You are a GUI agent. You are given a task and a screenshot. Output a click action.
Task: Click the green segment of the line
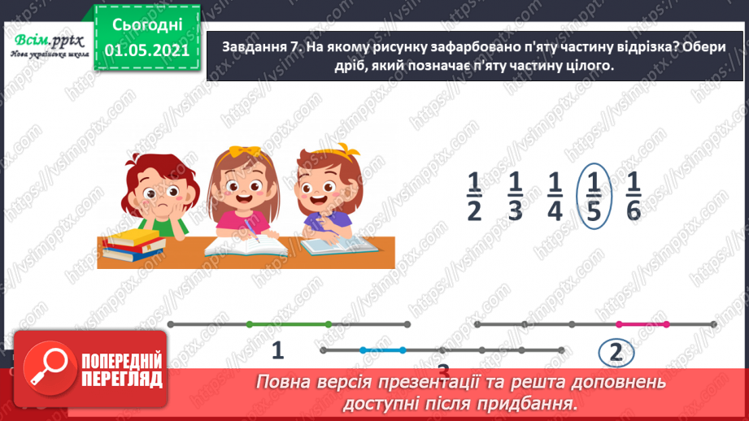pyautogui.click(x=288, y=324)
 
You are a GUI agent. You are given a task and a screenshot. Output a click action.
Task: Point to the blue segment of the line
pyautogui.click(x=382, y=350)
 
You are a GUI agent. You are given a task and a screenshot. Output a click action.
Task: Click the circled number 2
pyautogui.click(x=616, y=352)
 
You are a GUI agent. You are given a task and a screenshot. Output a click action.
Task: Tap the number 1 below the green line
pyautogui.click(x=277, y=351)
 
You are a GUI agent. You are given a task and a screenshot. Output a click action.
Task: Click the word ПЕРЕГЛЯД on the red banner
pyautogui.click(x=123, y=380)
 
